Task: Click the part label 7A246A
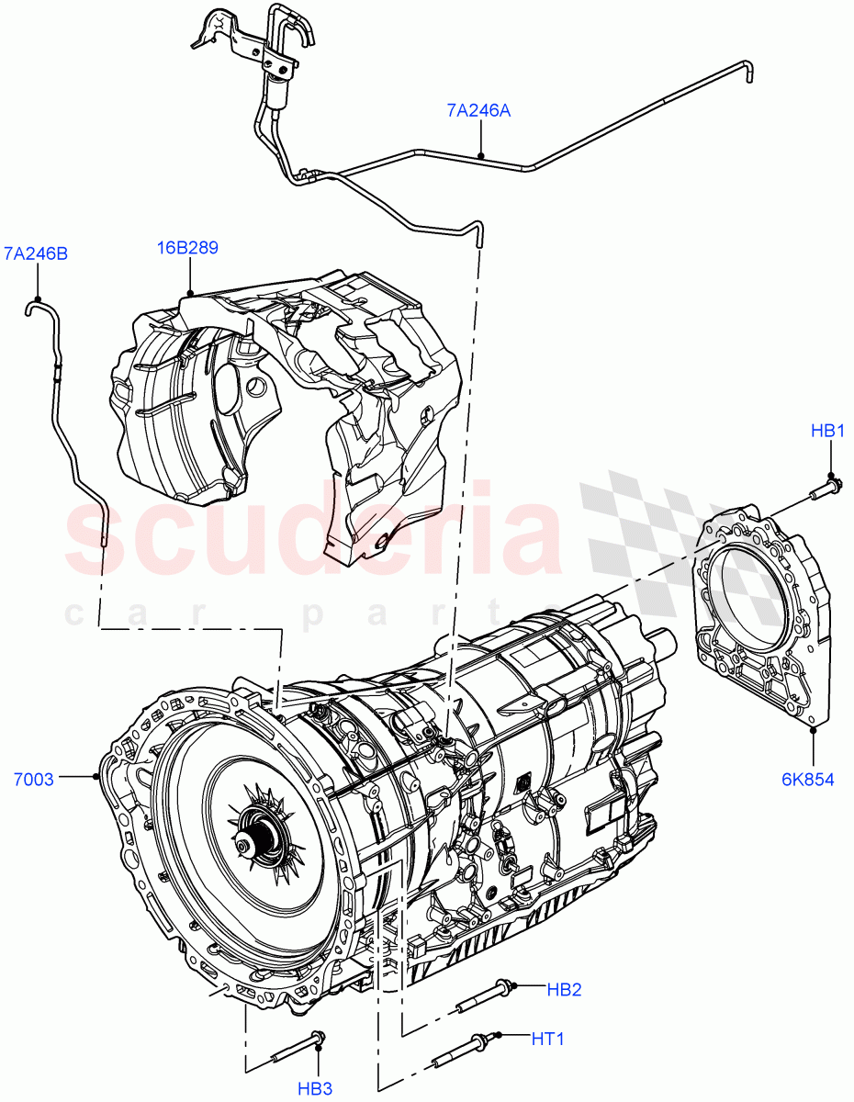pos(478,111)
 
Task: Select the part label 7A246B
pos(36,253)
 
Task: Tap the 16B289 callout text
pos(187,248)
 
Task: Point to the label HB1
pos(826,431)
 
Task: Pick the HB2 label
pos(564,989)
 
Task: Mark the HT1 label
pos(547,1039)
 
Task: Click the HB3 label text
pos(315,1088)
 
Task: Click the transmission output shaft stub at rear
pos(661,640)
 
